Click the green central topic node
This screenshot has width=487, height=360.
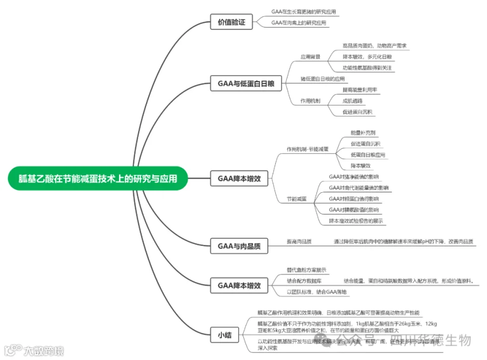coord(97,178)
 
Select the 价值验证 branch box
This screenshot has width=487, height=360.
coord(231,22)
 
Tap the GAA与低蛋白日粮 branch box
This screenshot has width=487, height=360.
coord(246,83)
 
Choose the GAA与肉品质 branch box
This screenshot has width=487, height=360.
coord(239,246)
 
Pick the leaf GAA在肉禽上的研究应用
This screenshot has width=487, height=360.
coord(299,23)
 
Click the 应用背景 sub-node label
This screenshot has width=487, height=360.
coord(311,57)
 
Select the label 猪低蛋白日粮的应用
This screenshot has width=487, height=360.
coord(323,79)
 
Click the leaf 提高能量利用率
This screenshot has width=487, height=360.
coord(359,90)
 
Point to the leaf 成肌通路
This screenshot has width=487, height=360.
coord(353,101)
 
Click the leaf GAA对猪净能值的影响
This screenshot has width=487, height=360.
coord(354,176)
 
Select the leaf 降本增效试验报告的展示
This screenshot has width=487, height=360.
coord(356,221)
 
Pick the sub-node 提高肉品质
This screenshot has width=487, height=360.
coord(299,241)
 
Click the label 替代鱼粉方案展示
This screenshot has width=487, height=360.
coord(306,270)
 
